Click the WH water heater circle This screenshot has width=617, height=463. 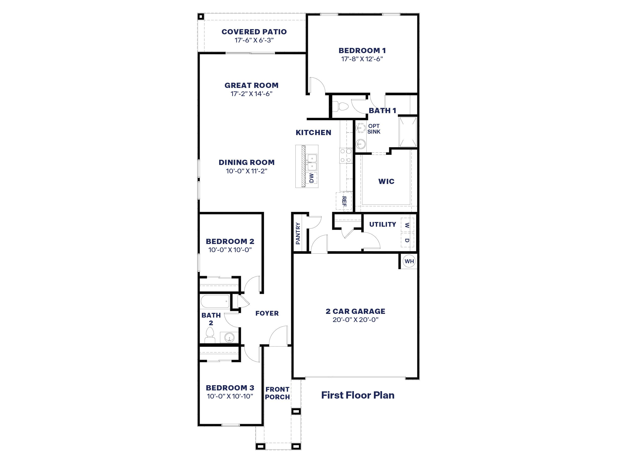409,261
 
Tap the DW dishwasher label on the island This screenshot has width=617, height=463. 311,178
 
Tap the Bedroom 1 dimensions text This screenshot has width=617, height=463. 362,59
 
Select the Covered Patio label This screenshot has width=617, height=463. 254,32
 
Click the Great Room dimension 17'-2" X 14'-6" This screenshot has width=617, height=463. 251,94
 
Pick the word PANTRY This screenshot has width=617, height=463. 298,233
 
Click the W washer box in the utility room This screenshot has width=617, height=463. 407,225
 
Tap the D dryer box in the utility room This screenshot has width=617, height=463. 407,240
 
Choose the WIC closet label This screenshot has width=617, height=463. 386,181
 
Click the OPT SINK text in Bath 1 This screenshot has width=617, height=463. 373,129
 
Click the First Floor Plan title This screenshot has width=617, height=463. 358,395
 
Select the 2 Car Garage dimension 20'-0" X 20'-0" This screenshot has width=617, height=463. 355,320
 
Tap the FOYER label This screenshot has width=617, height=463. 267,313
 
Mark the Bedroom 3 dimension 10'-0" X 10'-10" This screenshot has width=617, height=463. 230,396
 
